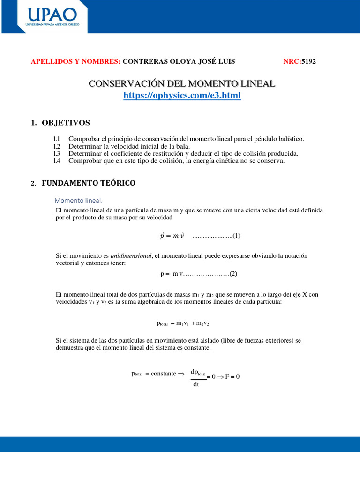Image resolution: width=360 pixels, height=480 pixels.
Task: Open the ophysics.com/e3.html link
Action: [x=182, y=96]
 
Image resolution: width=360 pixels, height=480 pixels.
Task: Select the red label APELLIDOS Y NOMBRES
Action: [x=75, y=61]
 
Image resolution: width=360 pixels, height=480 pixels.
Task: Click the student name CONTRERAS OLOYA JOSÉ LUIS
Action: [x=179, y=61]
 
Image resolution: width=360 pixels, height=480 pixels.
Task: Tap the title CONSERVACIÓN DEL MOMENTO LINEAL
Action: [x=182, y=84]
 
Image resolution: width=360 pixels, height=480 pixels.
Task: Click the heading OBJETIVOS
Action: [x=66, y=123]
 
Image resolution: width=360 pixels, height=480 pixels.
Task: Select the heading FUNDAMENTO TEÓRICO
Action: [x=89, y=183]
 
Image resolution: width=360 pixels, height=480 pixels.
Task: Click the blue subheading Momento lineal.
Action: [x=79, y=200]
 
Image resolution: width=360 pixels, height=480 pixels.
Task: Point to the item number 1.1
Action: [x=57, y=139]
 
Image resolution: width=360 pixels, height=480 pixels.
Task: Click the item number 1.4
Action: [x=57, y=161]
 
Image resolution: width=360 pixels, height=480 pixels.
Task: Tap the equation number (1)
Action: [x=236, y=235]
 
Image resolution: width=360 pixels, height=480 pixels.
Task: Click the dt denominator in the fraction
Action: [x=196, y=385]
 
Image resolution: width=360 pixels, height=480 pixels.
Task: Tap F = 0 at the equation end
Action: [x=232, y=376]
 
